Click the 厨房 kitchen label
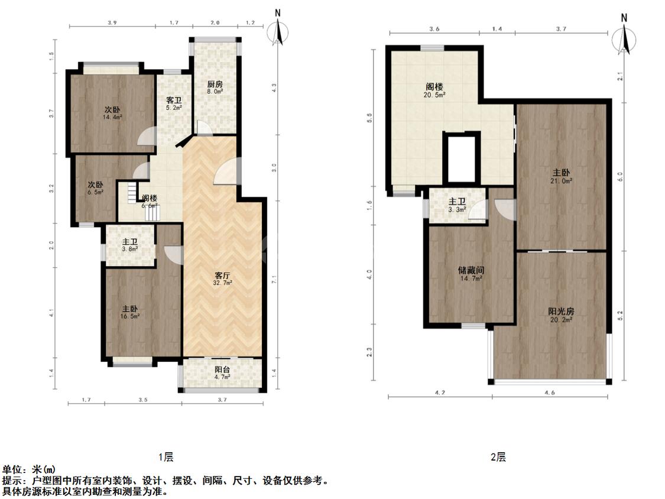click(x=214, y=88)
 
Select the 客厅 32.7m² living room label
click(x=222, y=278)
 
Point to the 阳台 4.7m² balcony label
click(x=222, y=373)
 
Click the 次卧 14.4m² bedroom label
click(x=112, y=113)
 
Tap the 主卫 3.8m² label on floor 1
click(x=130, y=245)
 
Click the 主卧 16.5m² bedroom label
click(x=130, y=312)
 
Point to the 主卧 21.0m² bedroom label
click(x=561, y=176)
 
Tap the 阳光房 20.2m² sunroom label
click(x=561, y=315)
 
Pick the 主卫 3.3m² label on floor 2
click(x=457, y=205)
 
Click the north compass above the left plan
click(x=278, y=30)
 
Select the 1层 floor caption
click(x=166, y=457)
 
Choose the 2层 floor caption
click(x=498, y=457)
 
